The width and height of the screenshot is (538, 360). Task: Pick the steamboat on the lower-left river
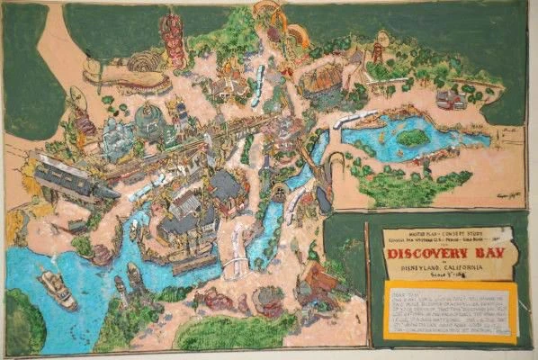pyautogui.click(x=58, y=290)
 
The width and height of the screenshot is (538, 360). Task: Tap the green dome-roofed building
pyautogui.click(x=148, y=118)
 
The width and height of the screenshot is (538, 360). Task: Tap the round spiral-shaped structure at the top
pyautogui.click(x=143, y=62)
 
